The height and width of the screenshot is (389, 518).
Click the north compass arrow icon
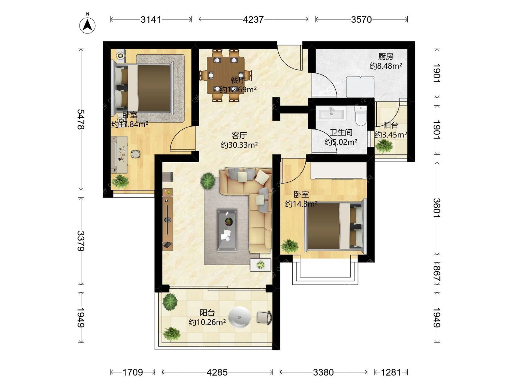(87, 25)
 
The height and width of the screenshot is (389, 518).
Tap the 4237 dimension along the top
(253, 19)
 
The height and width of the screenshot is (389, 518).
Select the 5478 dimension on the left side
(81, 119)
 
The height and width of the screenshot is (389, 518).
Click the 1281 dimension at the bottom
(391, 372)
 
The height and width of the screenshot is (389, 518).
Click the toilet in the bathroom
(360, 116)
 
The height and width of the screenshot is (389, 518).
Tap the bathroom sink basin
(332, 113)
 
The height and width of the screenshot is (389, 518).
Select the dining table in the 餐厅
(226, 75)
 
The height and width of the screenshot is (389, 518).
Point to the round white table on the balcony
(239, 317)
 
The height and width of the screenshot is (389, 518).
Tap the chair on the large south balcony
(264, 317)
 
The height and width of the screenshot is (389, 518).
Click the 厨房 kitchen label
(386, 56)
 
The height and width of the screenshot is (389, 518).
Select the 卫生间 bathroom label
(341, 132)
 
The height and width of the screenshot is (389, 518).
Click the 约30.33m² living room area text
(239, 145)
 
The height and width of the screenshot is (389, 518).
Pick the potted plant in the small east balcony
(384, 146)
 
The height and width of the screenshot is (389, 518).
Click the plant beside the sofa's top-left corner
(208, 180)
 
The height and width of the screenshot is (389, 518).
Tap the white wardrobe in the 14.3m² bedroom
(338, 170)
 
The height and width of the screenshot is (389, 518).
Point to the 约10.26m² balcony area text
(207, 322)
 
